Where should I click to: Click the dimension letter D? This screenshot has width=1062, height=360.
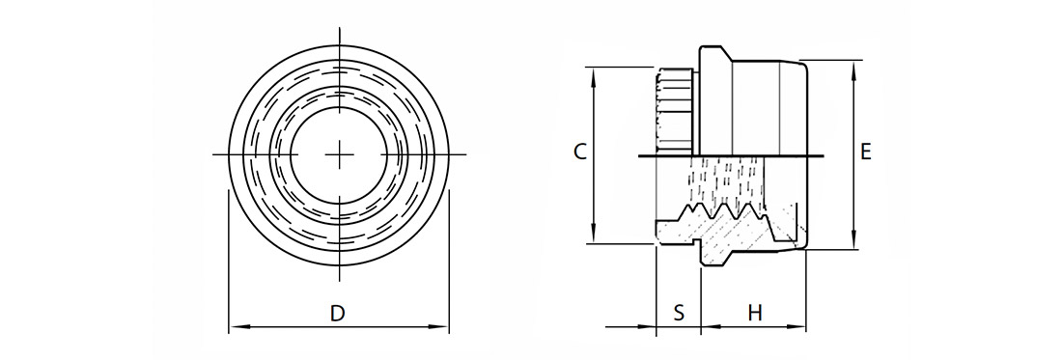click(x=337, y=314)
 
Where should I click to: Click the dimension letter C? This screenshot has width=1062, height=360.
click(x=580, y=152)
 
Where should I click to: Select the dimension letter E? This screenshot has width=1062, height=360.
click(x=866, y=152)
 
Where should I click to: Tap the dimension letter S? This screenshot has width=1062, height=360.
click(x=679, y=314)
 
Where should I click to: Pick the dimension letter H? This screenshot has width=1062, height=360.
click(x=755, y=314)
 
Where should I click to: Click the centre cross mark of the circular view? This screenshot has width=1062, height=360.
click(x=339, y=155)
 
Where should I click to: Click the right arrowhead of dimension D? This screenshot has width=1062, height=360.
click(x=439, y=327)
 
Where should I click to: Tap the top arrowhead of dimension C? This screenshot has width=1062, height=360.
click(x=594, y=77)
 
